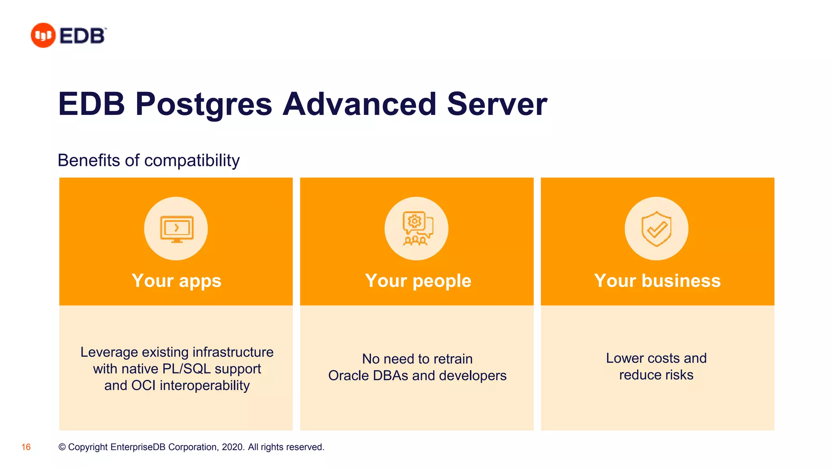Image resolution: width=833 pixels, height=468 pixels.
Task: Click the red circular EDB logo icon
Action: tap(43, 35)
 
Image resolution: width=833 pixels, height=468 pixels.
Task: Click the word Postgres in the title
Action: tap(203, 104)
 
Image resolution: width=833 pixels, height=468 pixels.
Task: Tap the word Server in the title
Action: tap(497, 104)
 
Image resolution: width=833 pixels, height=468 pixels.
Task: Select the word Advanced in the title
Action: tap(360, 104)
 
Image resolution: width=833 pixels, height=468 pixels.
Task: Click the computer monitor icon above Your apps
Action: tap(177, 229)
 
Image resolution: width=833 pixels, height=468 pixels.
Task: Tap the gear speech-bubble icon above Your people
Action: tap(417, 229)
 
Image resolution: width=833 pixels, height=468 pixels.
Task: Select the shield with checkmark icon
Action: tap(656, 229)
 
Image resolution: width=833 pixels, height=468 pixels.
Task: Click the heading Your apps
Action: tap(177, 281)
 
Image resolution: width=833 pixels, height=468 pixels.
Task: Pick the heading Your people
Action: tap(418, 281)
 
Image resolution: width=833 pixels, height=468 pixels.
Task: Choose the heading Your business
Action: tap(657, 281)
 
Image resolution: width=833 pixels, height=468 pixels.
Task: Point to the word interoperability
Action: tap(205, 386)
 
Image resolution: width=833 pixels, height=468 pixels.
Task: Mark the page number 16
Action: tap(26, 447)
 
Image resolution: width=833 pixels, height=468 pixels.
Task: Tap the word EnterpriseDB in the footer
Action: tap(138, 447)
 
